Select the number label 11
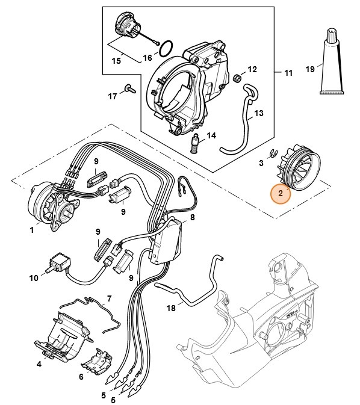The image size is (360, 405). click(287, 73)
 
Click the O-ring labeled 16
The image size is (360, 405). click(170, 46)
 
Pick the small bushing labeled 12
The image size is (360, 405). click(238, 79)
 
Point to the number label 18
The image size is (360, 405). click(171, 308)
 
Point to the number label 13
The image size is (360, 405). click(259, 113)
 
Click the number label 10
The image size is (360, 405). click(33, 278)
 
